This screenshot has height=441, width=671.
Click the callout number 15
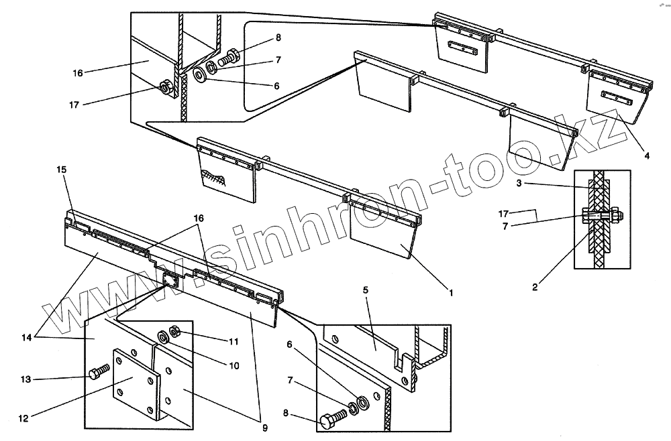tap(62, 170)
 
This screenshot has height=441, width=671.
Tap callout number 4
tap(647, 155)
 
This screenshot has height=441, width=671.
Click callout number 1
tap(452, 292)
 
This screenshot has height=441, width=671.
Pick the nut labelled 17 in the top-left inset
tap(164, 87)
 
